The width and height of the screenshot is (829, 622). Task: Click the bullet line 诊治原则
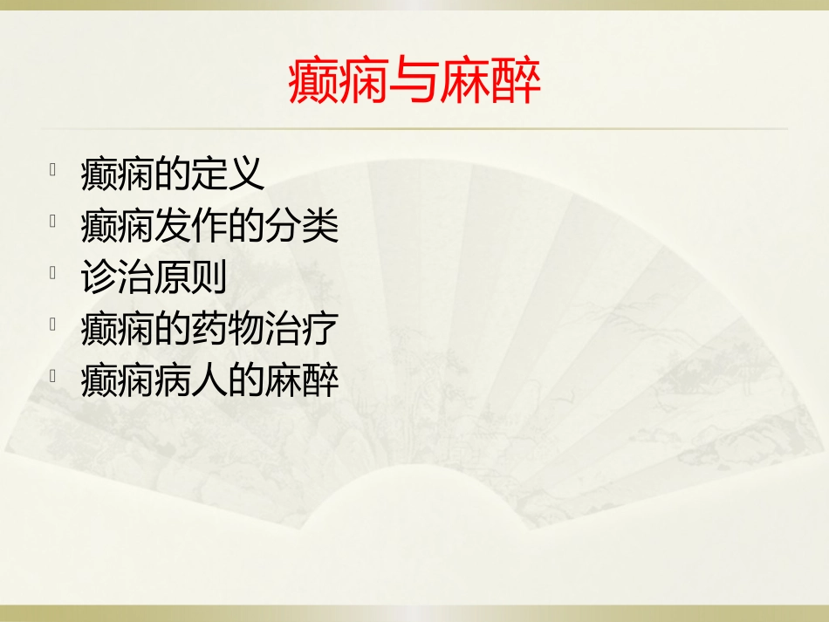[x=154, y=278]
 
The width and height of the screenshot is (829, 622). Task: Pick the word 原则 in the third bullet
[x=191, y=278]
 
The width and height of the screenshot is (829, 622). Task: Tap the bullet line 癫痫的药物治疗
[x=209, y=330]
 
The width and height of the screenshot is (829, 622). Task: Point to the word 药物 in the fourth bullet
[x=228, y=330]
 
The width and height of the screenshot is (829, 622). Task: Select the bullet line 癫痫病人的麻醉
[x=209, y=381]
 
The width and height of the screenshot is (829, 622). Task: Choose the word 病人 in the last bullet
[x=191, y=381]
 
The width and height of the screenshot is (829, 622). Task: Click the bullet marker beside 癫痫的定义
[x=54, y=168]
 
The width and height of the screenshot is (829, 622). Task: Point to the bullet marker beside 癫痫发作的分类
[x=54, y=220]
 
